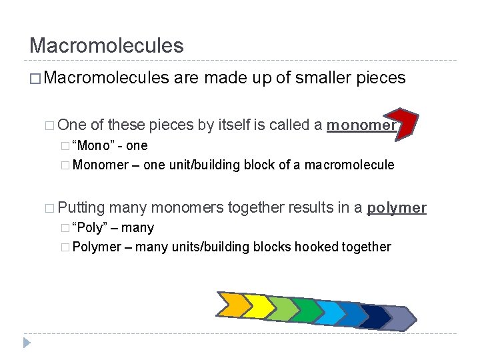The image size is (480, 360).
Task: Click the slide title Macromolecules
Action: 106,46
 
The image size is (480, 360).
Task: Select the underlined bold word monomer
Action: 361,125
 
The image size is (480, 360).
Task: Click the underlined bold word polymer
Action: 397,208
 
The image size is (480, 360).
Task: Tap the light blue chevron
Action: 330,311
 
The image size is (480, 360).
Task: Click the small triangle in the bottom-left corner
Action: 26,343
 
